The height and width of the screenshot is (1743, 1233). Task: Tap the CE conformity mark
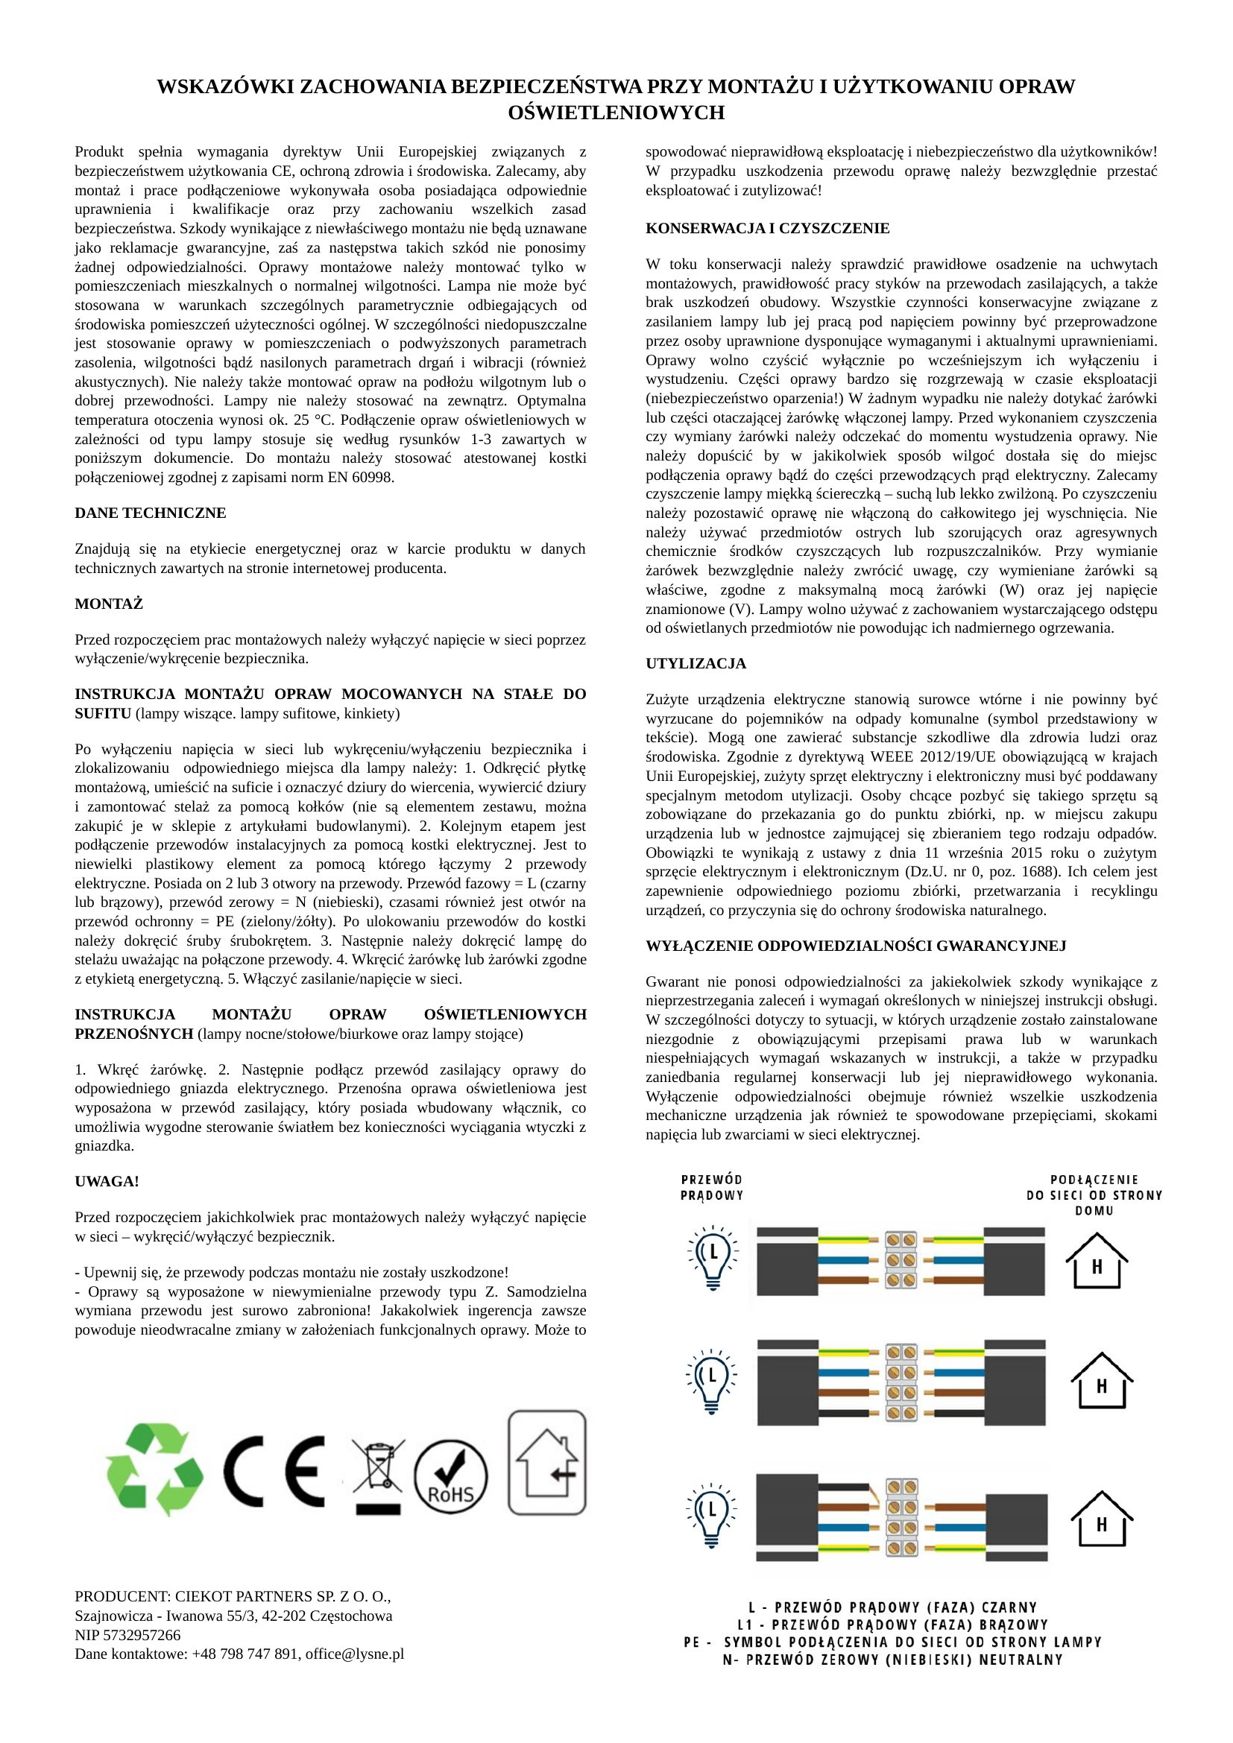tap(274, 1471)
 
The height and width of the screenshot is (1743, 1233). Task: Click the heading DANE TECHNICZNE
tap(151, 513)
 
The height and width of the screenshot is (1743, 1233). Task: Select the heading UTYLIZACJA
tap(696, 663)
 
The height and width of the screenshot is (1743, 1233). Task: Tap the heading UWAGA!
tap(107, 1181)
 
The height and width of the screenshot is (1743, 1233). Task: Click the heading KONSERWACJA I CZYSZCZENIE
tap(768, 229)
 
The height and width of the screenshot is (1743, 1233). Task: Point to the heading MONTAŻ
tap(109, 604)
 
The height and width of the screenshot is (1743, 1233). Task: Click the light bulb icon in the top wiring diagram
tap(712, 1257)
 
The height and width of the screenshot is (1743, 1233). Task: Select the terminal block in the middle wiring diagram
tap(902, 1383)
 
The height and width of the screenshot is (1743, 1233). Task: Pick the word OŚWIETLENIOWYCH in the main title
tap(616, 113)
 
